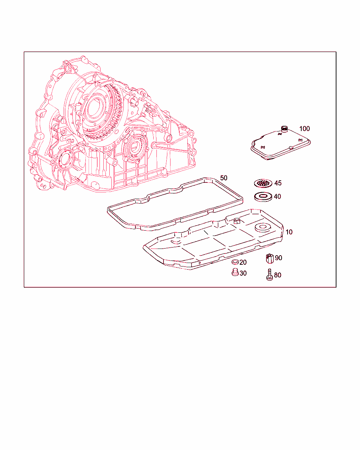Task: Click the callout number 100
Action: (x=304, y=129)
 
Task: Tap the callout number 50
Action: (x=224, y=178)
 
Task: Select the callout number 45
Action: (x=278, y=183)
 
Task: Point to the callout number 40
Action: (x=277, y=197)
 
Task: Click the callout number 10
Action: (x=289, y=232)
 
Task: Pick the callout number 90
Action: (x=279, y=258)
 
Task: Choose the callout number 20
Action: (x=243, y=262)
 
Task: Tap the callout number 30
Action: (x=243, y=273)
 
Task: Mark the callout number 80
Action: (x=278, y=275)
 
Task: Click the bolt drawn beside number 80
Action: (x=269, y=275)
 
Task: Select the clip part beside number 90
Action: (x=270, y=258)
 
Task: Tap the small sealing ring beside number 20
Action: (x=235, y=262)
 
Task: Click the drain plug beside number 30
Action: (x=235, y=272)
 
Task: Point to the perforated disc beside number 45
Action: (x=263, y=184)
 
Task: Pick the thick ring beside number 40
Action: (x=263, y=197)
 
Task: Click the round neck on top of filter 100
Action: (x=284, y=129)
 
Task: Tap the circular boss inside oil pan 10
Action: (x=263, y=228)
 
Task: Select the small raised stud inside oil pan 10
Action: (x=237, y=221)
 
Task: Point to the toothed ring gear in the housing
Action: (x=101, y=111)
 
